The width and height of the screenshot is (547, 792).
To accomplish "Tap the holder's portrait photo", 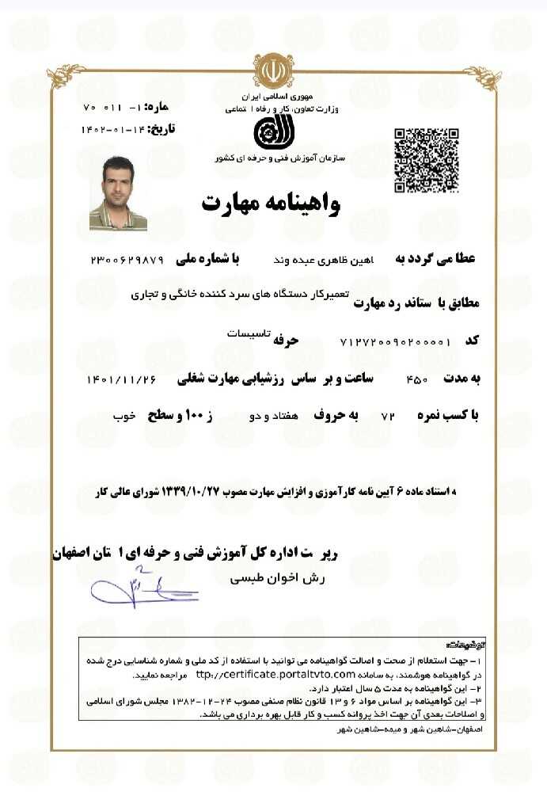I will point(118,194).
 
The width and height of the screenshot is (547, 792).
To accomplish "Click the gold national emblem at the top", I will point(272,72).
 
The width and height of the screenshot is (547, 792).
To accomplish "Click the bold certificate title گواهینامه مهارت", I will point(271,204).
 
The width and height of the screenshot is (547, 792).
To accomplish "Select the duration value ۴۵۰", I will point(417,380).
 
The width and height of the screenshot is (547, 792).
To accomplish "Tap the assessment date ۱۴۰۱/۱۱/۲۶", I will point(120,380).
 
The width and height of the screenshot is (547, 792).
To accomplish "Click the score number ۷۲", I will point(388,416).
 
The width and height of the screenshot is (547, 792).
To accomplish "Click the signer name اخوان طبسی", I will point(272,579).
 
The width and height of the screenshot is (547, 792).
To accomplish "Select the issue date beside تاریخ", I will point(114,128).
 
